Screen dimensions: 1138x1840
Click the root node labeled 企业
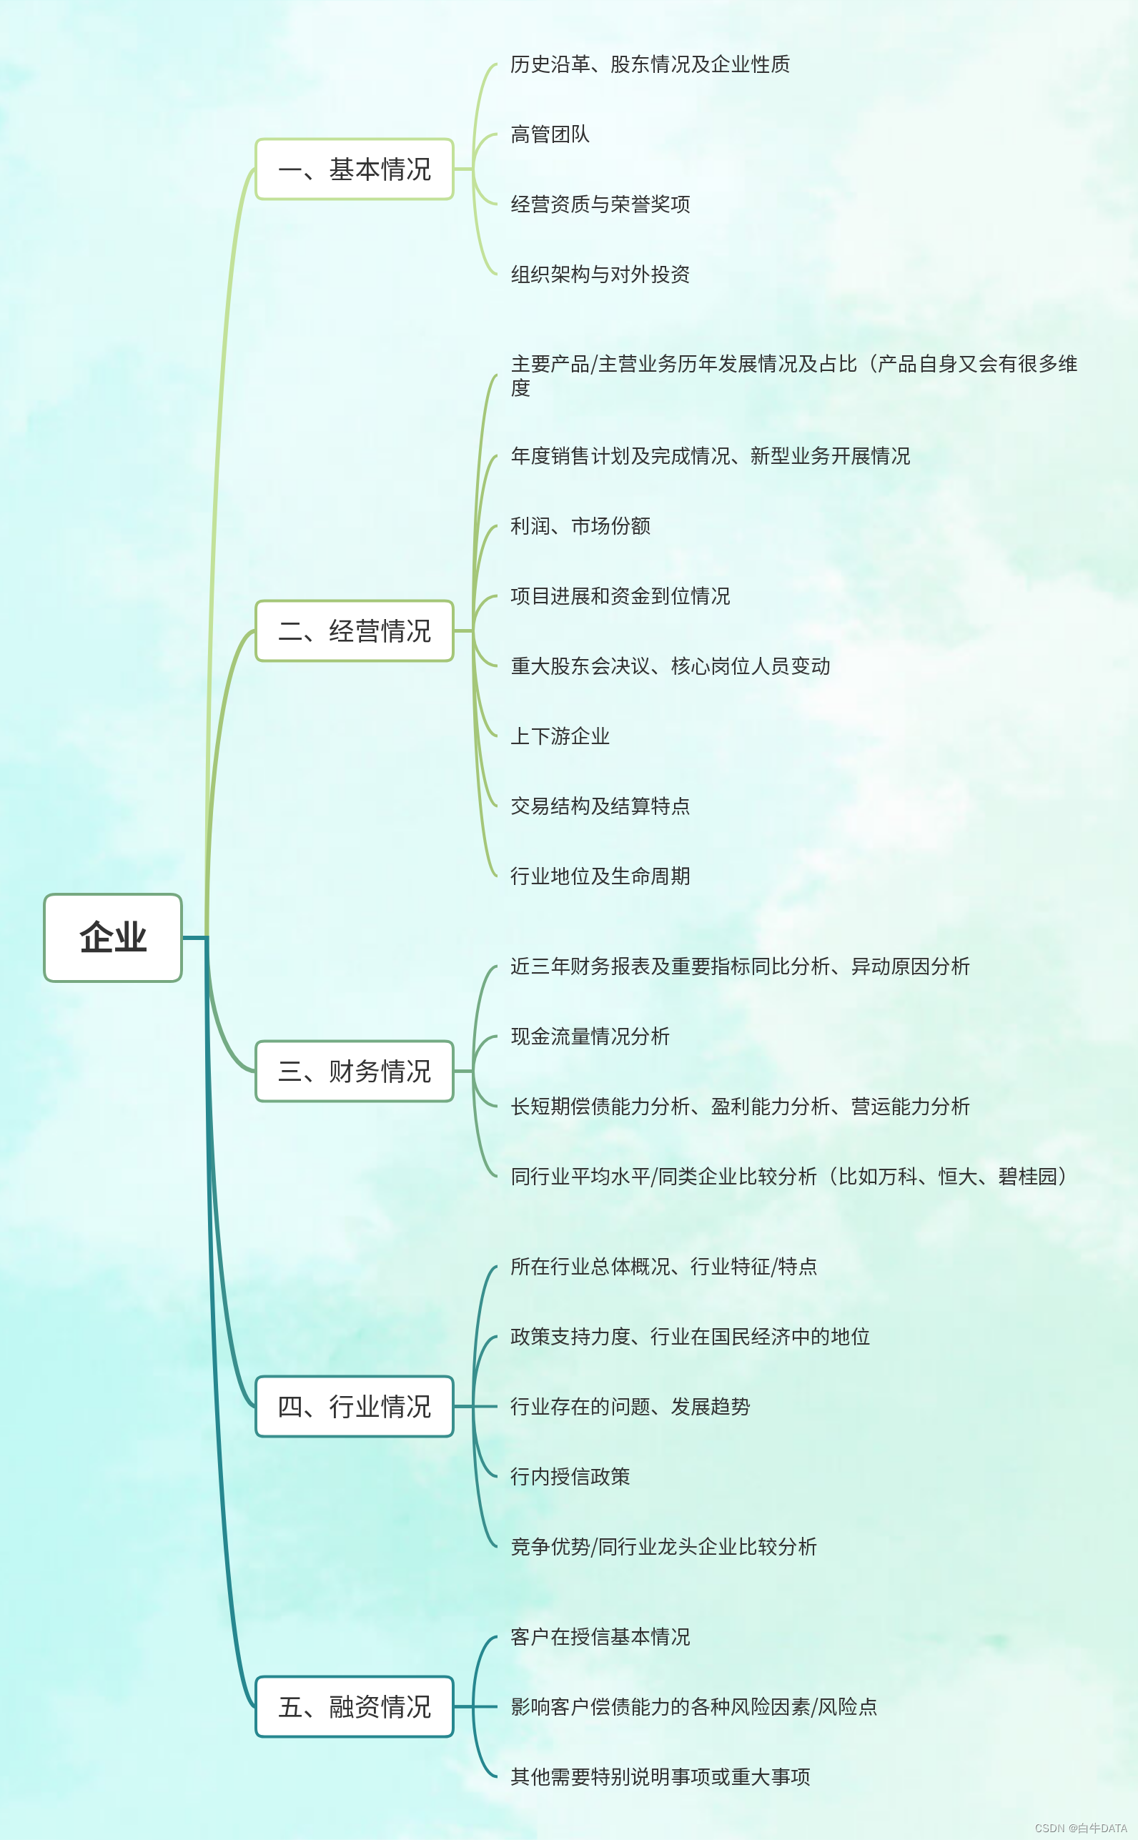[x=113, y=937]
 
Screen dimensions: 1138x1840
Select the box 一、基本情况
[x=354, y=169]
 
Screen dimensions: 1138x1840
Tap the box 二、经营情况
[x=354, y=630]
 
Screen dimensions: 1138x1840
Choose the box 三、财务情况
[x=354, y=1071]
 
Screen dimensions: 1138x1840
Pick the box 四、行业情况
[x=354, y=1406]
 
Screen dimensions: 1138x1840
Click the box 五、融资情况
[x=354, y=1706]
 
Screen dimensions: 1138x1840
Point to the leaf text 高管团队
[x=550, y=134]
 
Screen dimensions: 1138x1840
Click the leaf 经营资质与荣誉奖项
[x=600, y=204]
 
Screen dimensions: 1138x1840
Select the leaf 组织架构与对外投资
[x=600, y=274]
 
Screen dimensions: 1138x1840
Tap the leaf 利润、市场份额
[x=580, y=525]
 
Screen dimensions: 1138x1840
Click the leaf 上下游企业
[x=560, y=736]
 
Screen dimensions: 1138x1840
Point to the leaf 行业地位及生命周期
[x=600, y=875]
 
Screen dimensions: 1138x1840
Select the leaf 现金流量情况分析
[x=590, y=1036]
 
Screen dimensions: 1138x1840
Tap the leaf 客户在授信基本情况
[x=600, y=1636]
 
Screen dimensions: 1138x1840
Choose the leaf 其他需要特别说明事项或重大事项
[x=660, y=1776]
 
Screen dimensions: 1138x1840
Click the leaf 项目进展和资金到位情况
[x=620, y=595]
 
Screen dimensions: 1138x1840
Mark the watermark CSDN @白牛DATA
[x=1080, y=1828]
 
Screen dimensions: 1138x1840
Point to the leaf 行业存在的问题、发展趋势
[x=630, y=1406]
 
